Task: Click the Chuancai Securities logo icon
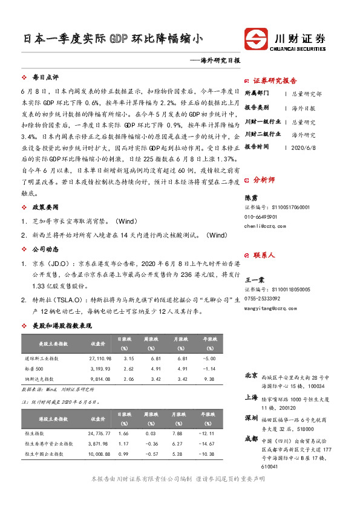(256, 39)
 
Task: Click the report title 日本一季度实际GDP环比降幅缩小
(113, 39)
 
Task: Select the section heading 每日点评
(45, 78)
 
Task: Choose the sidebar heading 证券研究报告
(275, 81)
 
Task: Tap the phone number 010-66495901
(261, 216)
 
